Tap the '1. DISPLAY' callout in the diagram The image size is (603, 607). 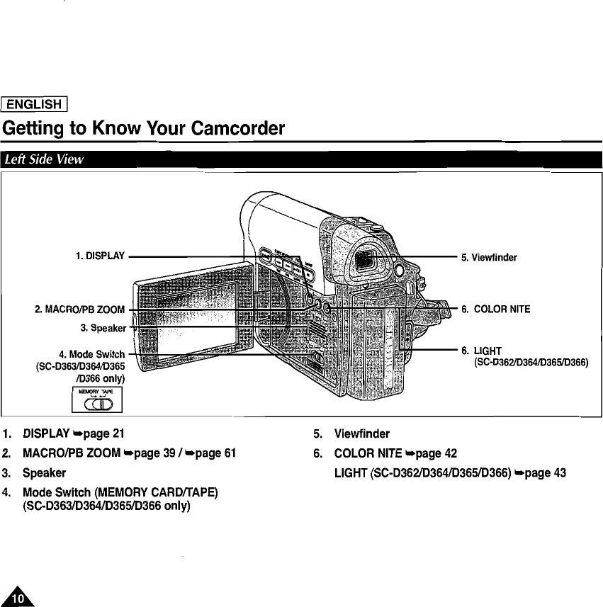tap(100, 256)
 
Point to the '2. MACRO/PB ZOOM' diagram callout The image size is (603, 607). tap(79, 310)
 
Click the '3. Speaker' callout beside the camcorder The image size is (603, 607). tap(103, 327)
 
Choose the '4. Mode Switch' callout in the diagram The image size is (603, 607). tap(92, 354)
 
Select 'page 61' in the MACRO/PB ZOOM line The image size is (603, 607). tap(209, 453)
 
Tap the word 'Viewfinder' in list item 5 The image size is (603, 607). tap(361, 433)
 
